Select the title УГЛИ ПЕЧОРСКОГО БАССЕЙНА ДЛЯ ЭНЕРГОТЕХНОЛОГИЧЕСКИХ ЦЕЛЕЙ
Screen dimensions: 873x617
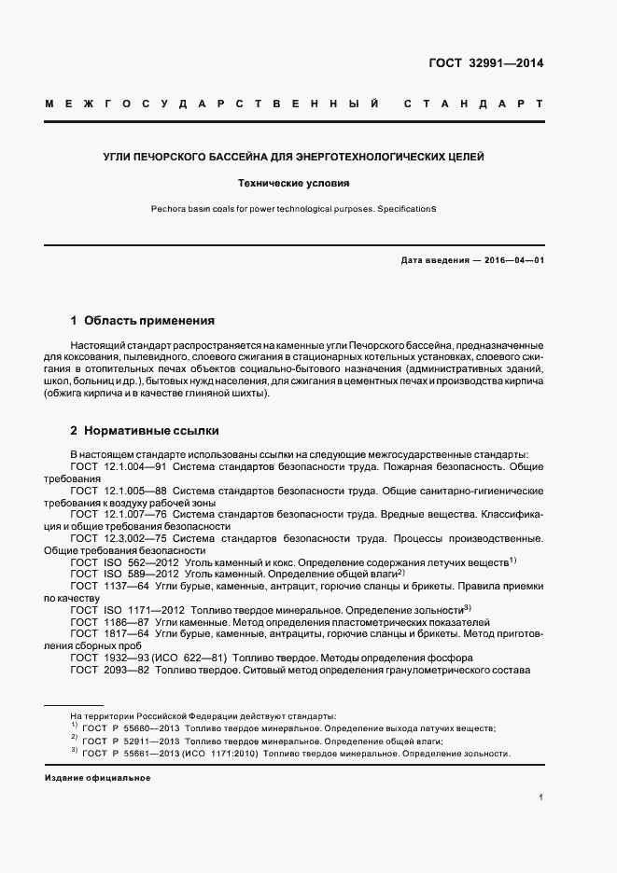[294, 157]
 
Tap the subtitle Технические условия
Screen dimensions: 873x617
[294, 185]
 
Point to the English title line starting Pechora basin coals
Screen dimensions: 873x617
[294, 209]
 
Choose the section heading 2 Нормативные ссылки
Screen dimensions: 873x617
[146, 431]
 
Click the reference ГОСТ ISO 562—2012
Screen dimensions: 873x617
[119, 562]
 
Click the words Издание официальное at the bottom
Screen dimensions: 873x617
[97, 778]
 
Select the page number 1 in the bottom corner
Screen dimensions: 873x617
[540, 797]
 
